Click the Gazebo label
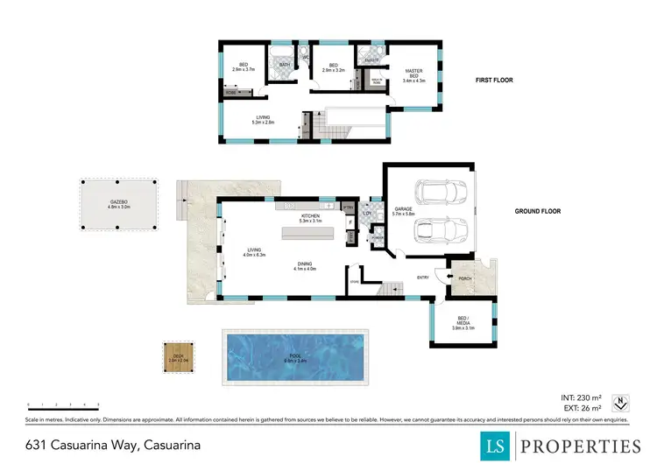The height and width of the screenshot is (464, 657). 119,204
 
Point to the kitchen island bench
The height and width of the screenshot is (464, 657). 306,234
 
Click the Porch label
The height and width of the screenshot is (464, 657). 465,278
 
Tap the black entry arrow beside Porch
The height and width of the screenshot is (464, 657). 449,278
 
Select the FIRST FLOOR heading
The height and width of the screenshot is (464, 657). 495,80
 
